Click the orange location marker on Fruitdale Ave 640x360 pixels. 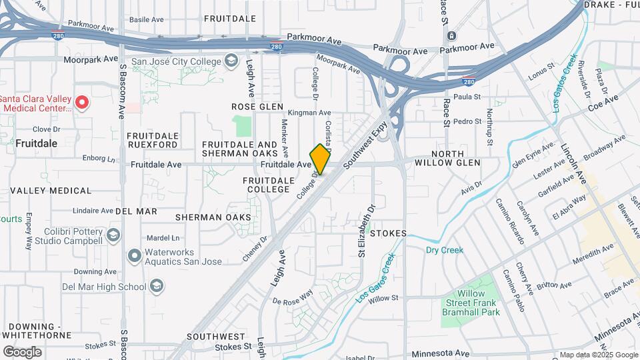click(x=320, y=159)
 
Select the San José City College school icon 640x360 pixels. click(x=231, y=62)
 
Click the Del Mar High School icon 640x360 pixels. click(x=157, y=287)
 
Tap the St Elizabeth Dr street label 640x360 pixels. click(x=365, y=231)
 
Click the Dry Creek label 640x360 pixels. click(x=444, y=250)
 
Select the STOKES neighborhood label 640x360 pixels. click(x=389, y=233)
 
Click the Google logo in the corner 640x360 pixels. click(x=23, y=351)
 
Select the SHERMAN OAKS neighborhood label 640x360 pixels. click(x=213, y=217)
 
